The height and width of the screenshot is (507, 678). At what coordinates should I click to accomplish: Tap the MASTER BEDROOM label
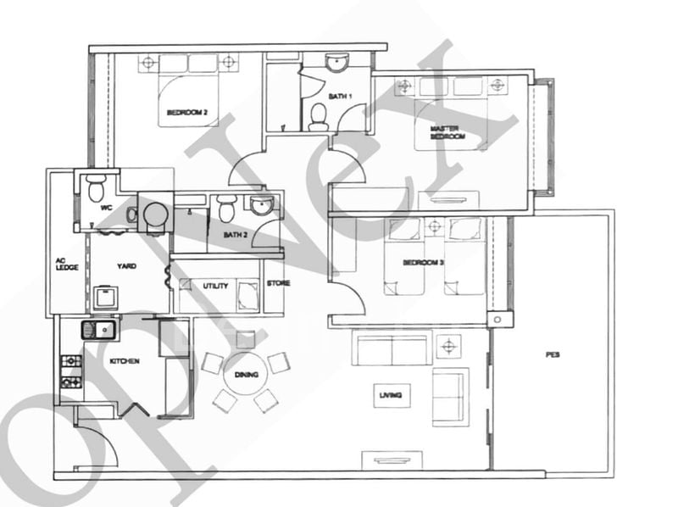[444, 132]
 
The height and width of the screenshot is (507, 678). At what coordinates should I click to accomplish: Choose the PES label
[553, 355]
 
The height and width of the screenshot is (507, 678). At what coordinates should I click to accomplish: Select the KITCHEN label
[125, 361]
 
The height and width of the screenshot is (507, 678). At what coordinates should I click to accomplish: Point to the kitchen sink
[95, 329]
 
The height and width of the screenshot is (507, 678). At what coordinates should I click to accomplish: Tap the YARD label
[126, 266]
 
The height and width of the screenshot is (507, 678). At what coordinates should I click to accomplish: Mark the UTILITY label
[214, 287]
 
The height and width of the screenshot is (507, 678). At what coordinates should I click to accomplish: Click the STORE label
[278, 284]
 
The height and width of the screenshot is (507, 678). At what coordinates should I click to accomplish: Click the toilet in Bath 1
[319, 116]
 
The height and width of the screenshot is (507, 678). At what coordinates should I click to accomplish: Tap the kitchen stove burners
[71, 371]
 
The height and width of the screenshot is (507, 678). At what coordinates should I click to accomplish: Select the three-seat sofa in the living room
[391, 348]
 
